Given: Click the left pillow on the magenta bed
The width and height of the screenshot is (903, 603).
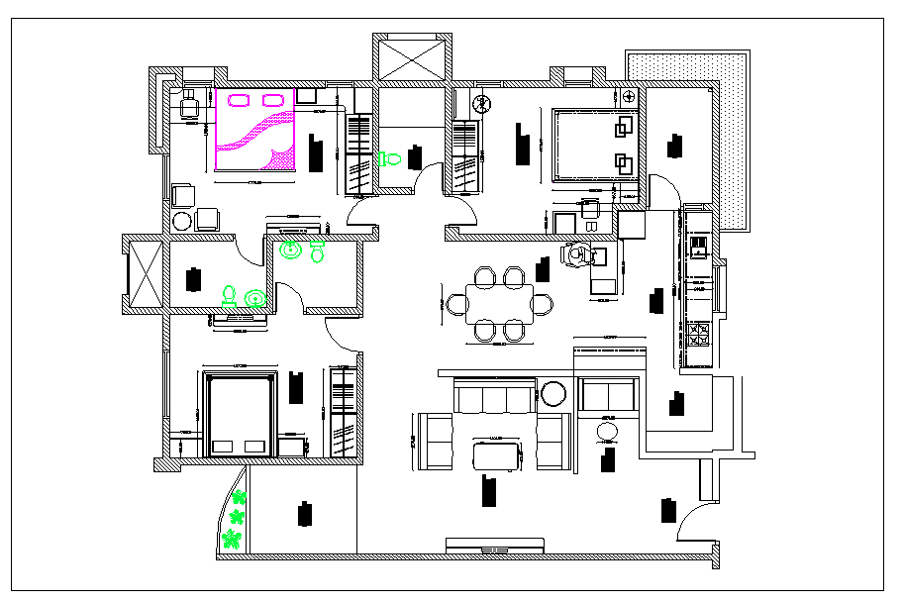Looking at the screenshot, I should point(238,99).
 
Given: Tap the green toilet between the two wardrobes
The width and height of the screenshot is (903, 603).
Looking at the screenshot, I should point(389,157).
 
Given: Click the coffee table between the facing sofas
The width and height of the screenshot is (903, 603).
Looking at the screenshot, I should point(497,455).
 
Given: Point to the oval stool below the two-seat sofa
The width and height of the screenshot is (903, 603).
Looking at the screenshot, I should point(606,433).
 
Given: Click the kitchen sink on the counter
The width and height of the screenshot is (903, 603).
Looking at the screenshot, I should point(698,245).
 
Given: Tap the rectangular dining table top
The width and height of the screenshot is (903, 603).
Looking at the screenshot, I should point(500,303).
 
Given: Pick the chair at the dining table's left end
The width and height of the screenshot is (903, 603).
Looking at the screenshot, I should point(456,303).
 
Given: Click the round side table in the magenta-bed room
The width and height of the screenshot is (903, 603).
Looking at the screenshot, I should point(182,221).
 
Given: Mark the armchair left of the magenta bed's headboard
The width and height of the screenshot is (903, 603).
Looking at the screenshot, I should point(188,105).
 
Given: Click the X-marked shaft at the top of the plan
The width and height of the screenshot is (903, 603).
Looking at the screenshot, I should point(412,55).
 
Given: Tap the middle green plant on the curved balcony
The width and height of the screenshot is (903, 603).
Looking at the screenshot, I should point(237,517).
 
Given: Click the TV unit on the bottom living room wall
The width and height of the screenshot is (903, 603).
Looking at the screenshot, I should point(495,547).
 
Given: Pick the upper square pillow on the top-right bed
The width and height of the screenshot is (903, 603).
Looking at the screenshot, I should point(623,127).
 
